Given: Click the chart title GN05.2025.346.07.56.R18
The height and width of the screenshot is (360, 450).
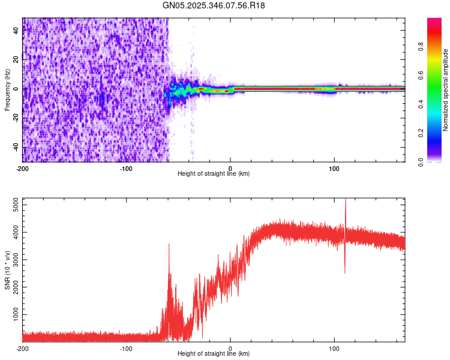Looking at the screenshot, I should (x=214, y=5).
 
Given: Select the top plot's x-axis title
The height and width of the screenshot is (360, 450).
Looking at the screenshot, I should (x=214, y=173).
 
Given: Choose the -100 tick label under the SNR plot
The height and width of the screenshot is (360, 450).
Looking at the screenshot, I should (x=126, y=348).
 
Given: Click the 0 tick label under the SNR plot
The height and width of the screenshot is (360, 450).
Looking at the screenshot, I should (x=230, y=348).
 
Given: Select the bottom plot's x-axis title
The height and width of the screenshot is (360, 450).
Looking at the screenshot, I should (x=214, y=354).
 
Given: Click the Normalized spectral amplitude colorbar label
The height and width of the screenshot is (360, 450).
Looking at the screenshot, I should (x=446, y=90).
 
